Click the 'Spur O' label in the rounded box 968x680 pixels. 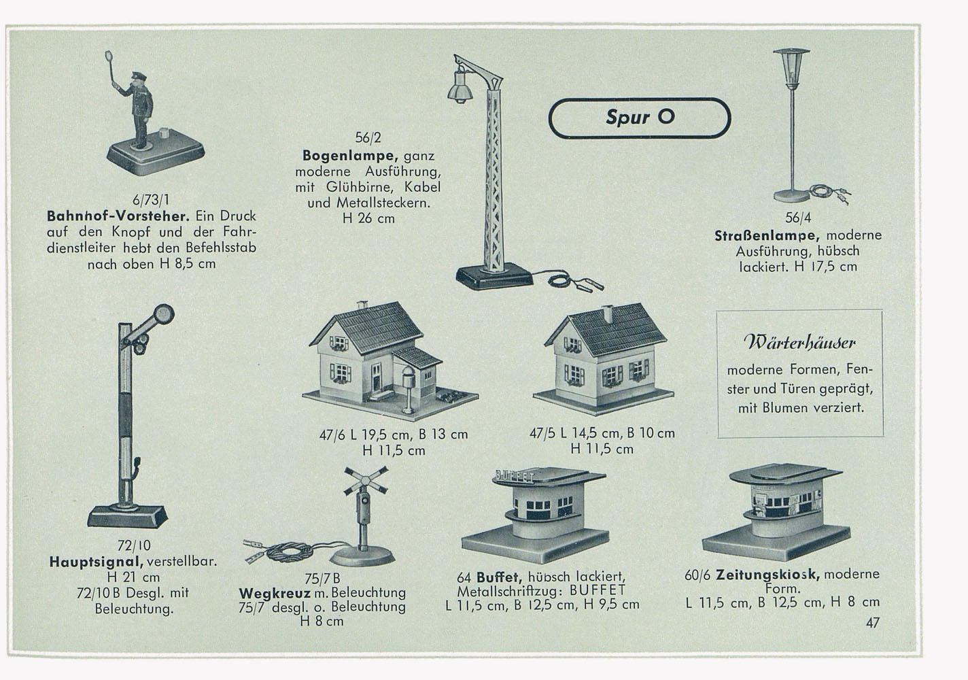tap(640, 117)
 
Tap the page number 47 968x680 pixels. tap(873, 623)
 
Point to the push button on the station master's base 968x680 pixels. tap(165, 132)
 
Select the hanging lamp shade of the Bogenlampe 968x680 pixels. tap(459, 88)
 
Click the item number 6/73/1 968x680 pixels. tap(151, 200)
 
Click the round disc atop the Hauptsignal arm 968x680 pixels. tap(164, 313)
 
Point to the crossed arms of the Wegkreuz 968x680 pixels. tap(366, 479)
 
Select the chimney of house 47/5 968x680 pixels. tap(607, 314)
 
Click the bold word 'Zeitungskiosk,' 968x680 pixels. tap(768, 575)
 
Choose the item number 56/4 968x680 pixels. tap(798, 218)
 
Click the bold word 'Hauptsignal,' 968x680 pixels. tap(97, 562)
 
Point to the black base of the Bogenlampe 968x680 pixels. tap(494, 277)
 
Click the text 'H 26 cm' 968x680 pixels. tap(368, 219)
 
